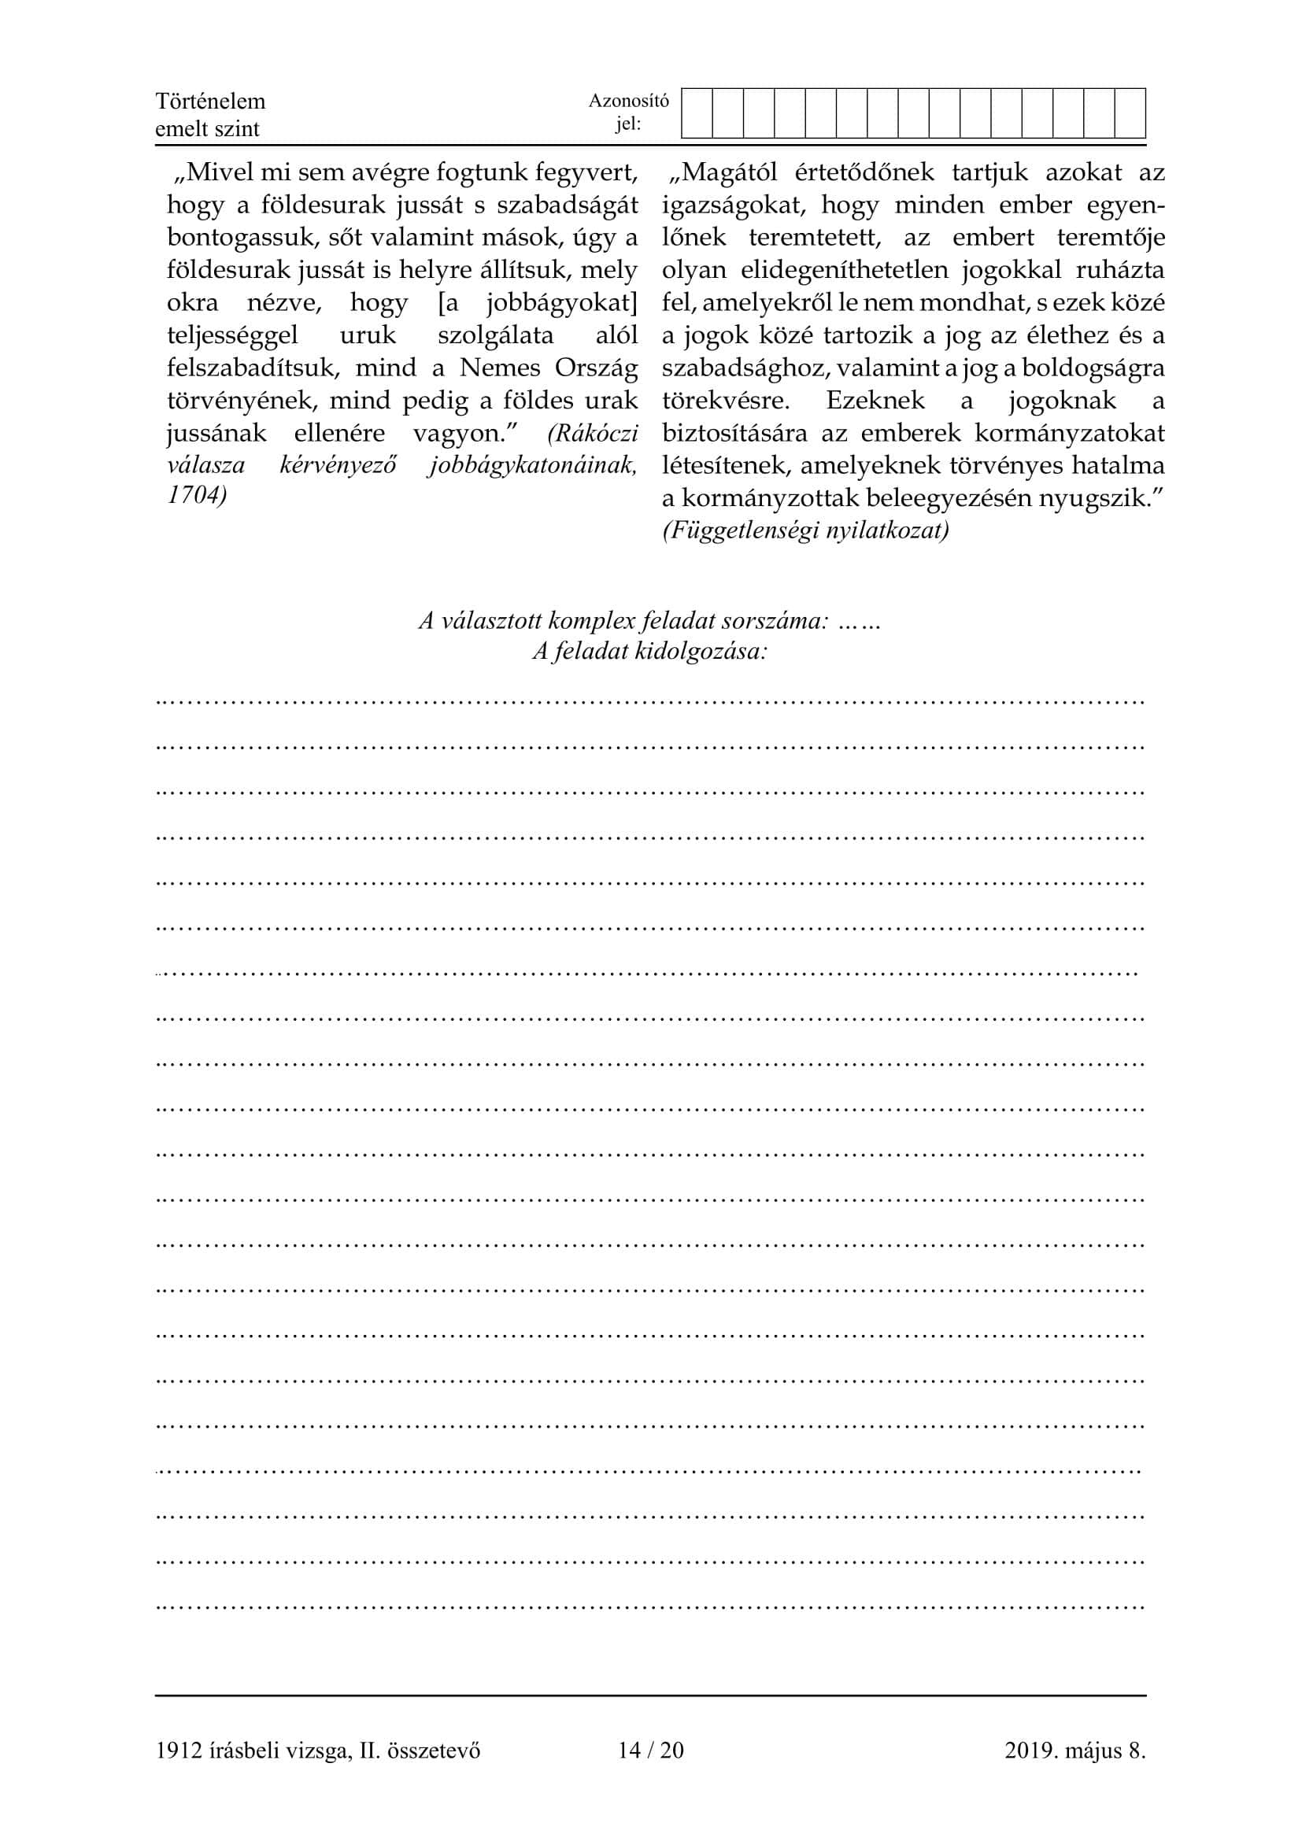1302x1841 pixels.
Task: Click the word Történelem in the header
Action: [210, 101]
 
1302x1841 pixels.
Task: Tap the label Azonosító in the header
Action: [628, 100]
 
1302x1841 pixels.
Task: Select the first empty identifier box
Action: [697, 113]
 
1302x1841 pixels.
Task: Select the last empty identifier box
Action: [1130, 113]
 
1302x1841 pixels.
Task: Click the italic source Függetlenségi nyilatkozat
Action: [806, 530]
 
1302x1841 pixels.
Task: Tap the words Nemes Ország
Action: [549, 368]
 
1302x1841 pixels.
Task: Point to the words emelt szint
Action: [207, 129]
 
